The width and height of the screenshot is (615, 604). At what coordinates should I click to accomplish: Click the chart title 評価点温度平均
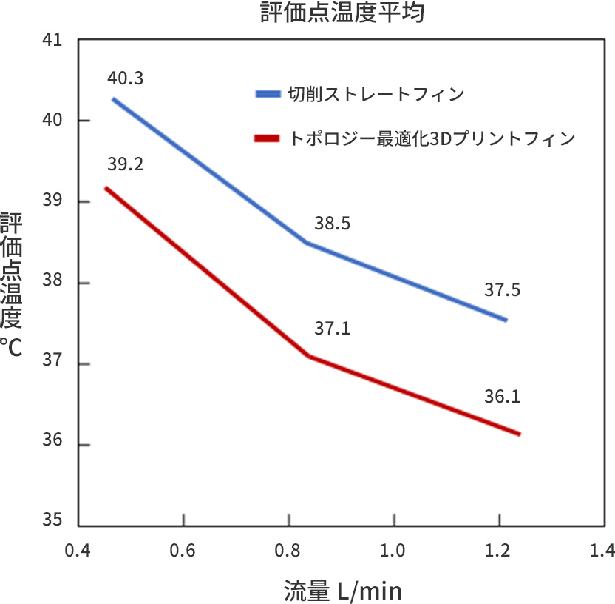point(343,13)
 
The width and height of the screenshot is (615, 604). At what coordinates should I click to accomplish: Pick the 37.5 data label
point(503,290)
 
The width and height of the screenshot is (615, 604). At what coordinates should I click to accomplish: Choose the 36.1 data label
point(503,397)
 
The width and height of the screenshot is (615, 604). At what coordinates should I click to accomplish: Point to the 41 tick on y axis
point(52,40)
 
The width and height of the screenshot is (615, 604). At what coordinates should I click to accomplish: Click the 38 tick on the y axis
point(52,283)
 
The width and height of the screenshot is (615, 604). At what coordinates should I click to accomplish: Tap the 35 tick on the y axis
point(52,521)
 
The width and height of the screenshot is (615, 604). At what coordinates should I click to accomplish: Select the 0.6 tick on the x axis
point(183,551)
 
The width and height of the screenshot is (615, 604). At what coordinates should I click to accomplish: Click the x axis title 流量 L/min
point(343,591)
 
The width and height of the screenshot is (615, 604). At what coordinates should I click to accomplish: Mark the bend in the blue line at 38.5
point(307,243)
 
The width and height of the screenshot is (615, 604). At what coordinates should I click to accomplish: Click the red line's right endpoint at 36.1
point(520,434)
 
